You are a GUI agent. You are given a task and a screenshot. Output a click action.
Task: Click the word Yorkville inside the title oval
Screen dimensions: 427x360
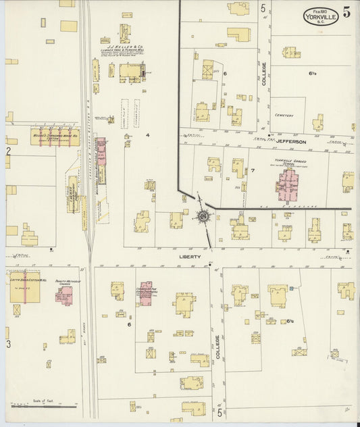[317, 18]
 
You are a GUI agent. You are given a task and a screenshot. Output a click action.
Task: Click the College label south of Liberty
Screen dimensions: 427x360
[217, 348]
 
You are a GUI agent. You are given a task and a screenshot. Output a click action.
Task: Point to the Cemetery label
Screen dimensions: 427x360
[284, 116]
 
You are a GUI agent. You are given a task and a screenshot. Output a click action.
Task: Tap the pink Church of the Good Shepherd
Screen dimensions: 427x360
[147, 295]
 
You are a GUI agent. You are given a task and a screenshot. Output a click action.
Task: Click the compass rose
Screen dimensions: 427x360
[202, 216]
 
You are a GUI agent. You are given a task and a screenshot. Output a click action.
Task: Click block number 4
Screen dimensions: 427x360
[147, 135]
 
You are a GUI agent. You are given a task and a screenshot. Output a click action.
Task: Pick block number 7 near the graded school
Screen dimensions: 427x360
[253, 170]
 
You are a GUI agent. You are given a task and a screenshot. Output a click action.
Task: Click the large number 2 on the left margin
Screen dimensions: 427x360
[9, 151]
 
